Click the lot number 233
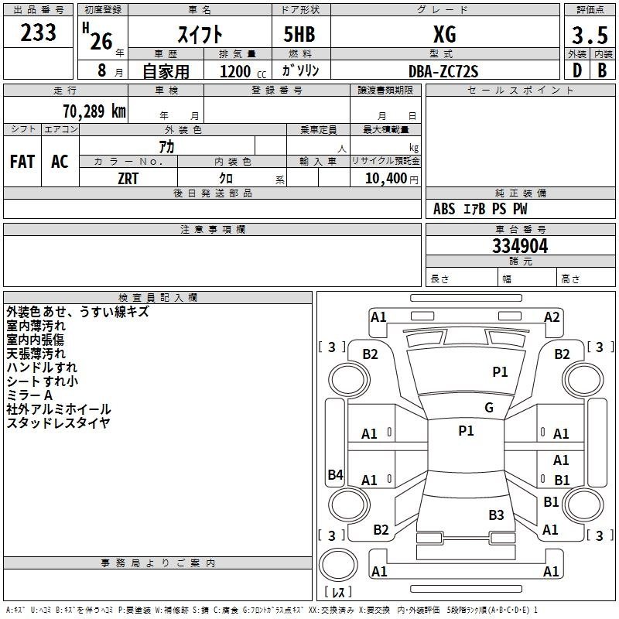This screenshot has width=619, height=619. click(38, 32)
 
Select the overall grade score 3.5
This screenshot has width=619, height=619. click(590, 35)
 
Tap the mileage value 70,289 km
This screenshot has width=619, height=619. click(94, 111)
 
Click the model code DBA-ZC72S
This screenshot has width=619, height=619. click(443, 71)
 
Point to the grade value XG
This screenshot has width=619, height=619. click(445, 34)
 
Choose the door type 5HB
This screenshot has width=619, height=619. click(299, 34)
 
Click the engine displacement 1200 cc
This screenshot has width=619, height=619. click(243, 71)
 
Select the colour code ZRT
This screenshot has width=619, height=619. click(128, 179)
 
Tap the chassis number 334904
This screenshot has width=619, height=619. click(520, 246)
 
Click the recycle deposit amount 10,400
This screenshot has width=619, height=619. click(386, 179)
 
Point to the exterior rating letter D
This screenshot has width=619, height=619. click(576, 70)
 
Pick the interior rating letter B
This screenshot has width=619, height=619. click(602, 70)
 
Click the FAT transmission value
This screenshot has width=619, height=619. click(22, 162)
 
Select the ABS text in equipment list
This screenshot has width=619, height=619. click(444, 209)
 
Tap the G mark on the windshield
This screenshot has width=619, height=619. click(489, 408)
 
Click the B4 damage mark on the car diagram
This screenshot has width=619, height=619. click(335, 474)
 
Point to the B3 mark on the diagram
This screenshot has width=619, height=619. click(496, 515)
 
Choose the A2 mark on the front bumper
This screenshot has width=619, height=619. click(552, 317)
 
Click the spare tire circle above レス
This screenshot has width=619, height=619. click(338, 565)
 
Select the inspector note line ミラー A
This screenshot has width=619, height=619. click(29, 395)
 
